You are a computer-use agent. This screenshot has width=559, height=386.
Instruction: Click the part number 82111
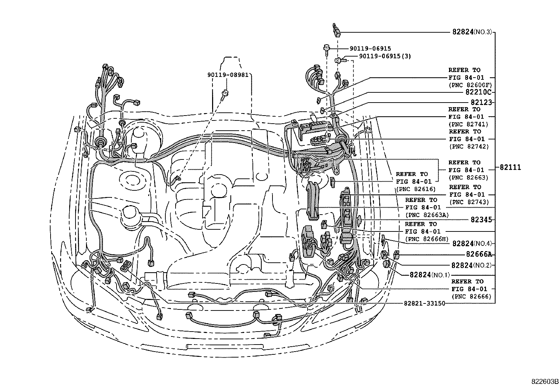click(510, 167)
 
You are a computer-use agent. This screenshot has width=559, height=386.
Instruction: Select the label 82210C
click(478, 92)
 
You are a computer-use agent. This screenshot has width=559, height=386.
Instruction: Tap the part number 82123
click(481, 102)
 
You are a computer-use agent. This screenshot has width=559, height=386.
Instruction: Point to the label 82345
click(481, 220)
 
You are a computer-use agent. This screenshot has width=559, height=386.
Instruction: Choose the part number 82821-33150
click(425, 303)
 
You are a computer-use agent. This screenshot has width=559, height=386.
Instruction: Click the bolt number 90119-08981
click(228, 75)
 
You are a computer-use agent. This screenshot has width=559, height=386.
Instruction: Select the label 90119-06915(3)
click(385, 56)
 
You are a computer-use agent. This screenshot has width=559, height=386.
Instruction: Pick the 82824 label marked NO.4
click(472, 243)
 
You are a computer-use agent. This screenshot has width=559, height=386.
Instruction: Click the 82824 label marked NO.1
click(429, 275)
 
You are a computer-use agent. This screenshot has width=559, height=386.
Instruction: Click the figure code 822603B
click(545, 382)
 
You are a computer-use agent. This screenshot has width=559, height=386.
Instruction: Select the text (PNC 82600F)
click(470, 85)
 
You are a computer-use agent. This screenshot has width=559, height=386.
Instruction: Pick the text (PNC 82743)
click(469, 202)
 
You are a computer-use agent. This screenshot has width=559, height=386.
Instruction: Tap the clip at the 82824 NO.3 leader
click(336, 30)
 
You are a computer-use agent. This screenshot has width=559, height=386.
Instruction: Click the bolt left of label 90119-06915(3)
click(340, 60)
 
